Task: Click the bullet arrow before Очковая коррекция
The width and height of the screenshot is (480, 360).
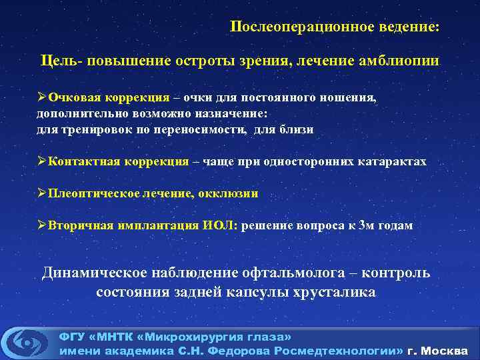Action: pyautogui.click(x=41, y=98)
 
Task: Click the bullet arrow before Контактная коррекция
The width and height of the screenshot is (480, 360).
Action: pyautogui.click(x=41, y=161)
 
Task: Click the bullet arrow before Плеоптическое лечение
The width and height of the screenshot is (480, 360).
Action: pyautogui.click(x=41, y=193)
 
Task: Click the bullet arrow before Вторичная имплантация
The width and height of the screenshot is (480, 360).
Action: pyautogui.click(x=41, y=225)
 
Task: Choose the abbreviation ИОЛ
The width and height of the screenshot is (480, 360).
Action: pyautogui.click(x=219, y=225)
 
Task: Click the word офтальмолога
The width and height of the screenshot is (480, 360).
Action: pyautogui.click(x=278, y=273)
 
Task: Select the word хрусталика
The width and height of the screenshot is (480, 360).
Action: pyautogui.click(x=343, y=292)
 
